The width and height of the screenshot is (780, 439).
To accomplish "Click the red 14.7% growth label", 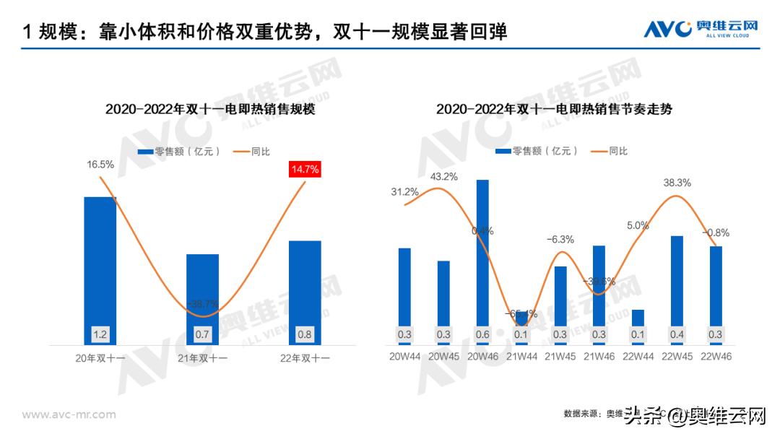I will tap(305, 170).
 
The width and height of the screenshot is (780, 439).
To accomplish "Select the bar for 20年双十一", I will tap(100, 267).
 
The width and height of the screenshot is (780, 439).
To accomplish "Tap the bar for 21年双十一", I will tap(202, 296).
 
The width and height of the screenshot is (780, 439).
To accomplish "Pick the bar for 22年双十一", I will tap(305, 289).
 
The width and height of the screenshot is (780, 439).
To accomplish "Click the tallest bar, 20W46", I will tap(482, 260).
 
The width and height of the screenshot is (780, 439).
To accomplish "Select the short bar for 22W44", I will tap(638, 321).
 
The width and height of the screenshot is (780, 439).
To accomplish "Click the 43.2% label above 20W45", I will tap(443, 176).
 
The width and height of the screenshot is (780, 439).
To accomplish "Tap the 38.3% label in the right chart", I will tap(677, 183).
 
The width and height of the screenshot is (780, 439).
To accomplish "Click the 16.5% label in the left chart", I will tap(100, 165).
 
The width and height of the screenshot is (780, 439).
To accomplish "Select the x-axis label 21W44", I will tap(521, 357).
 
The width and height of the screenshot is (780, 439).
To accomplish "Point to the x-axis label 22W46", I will tap(716, 357).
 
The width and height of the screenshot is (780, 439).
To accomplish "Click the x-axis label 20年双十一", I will tap(100, 357).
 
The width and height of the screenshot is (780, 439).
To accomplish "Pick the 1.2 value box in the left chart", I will tap(100, 335).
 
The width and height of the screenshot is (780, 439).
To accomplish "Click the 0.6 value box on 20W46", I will tap(482, 335).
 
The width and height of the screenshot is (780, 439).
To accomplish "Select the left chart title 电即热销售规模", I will tap(210, 110).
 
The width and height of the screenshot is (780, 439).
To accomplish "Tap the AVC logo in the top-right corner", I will tap(701, 30).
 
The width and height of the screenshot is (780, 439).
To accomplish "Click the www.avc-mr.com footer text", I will tap(69, 414).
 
